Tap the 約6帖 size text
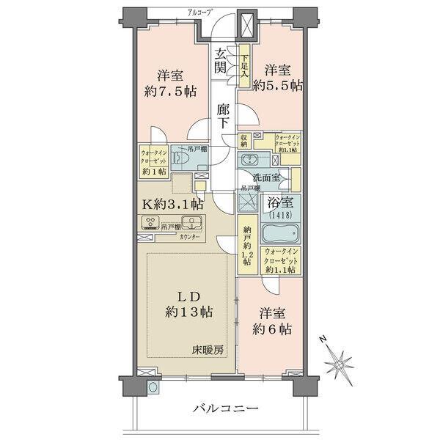click(x=271, y=329)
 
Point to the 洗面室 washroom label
click(x=267, y=177)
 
